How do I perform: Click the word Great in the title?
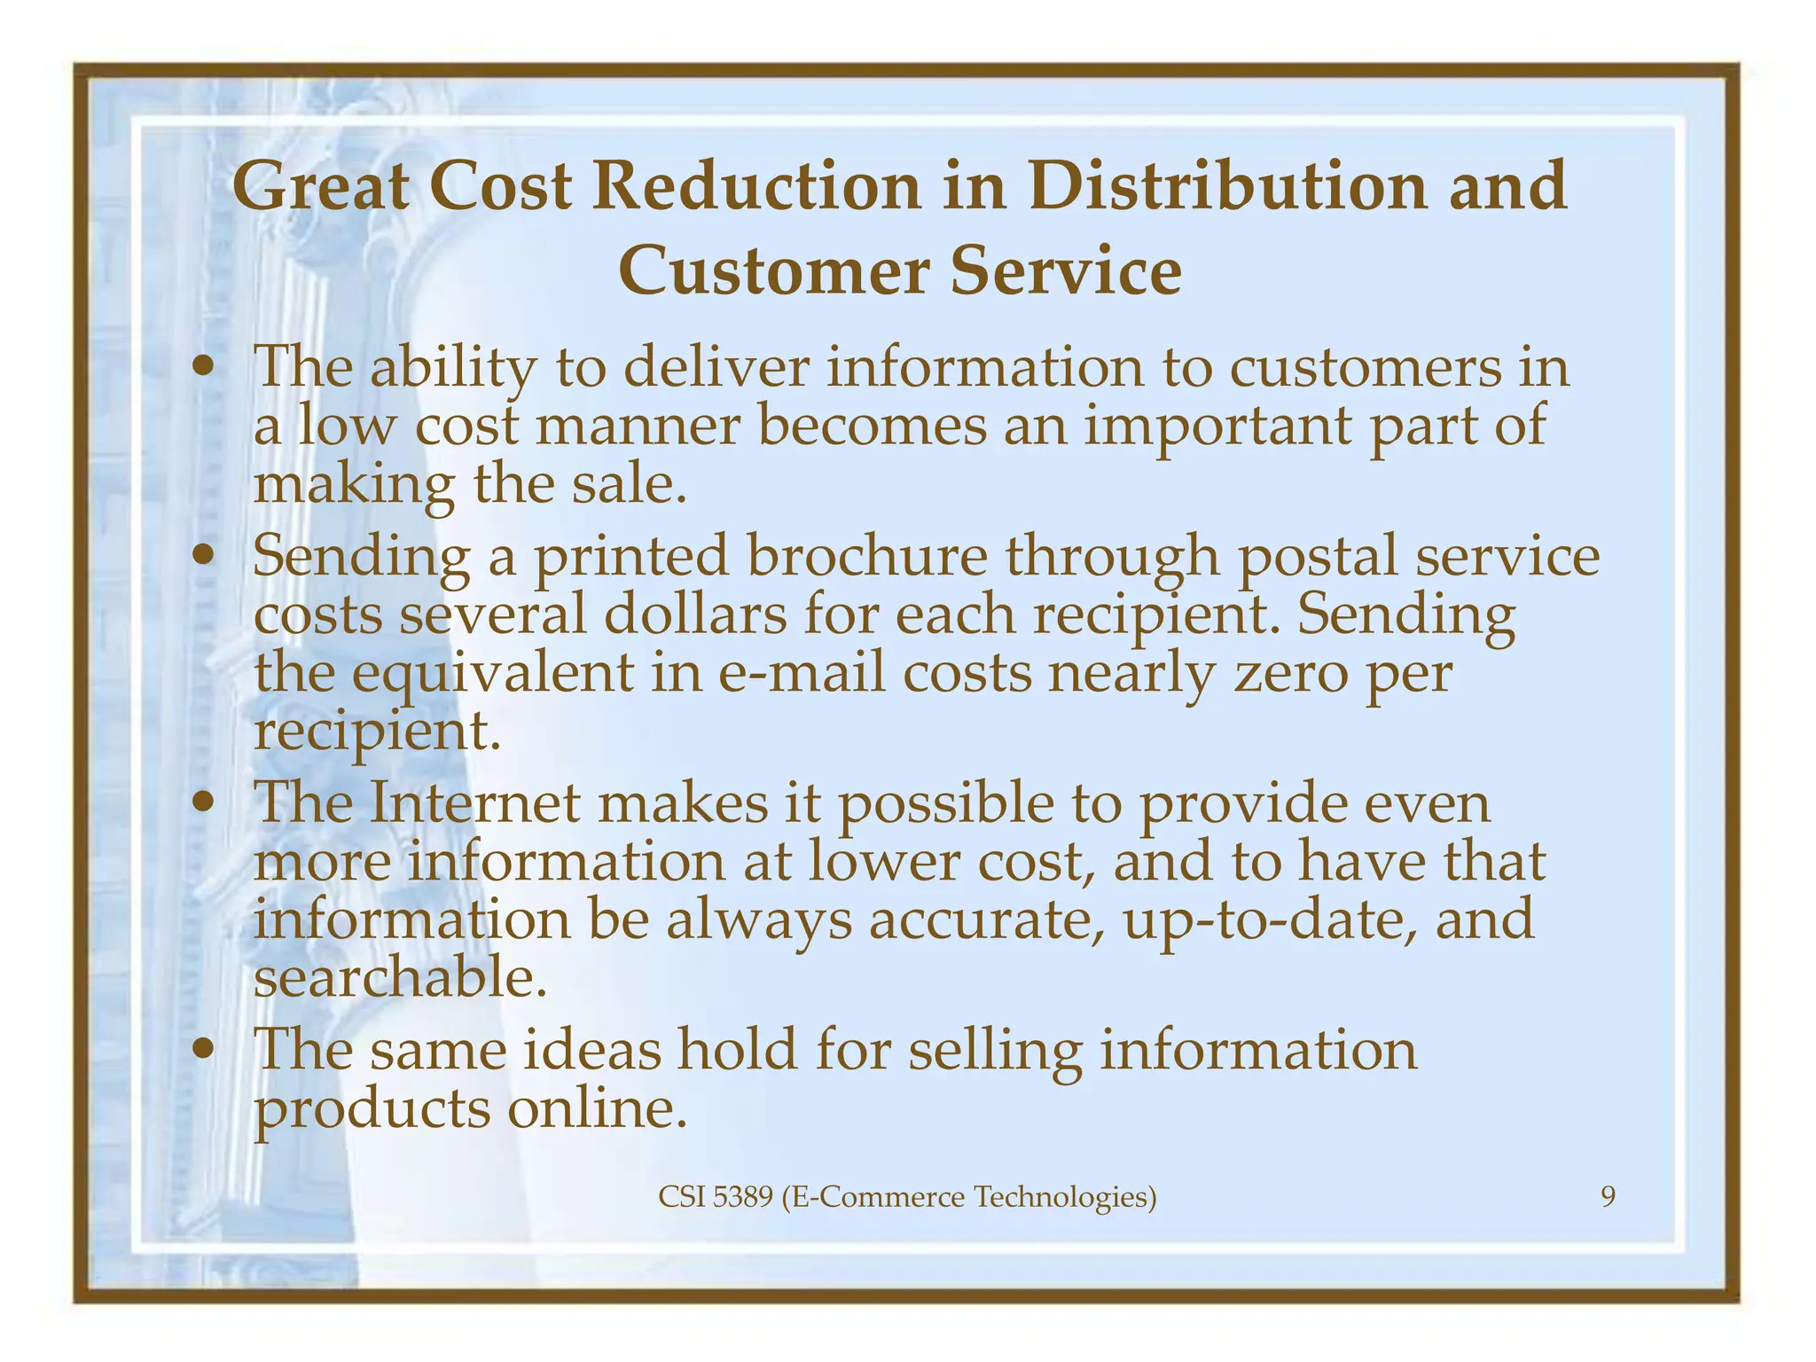(x=321, y=187)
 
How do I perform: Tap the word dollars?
(x=695, y=615)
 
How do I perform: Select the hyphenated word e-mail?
(x=802, y=674)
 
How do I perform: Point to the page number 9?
(x=1608, y=1198)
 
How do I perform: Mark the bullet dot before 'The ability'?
(x=206, y=367)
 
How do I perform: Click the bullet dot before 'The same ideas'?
(x=206, y=1050)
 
